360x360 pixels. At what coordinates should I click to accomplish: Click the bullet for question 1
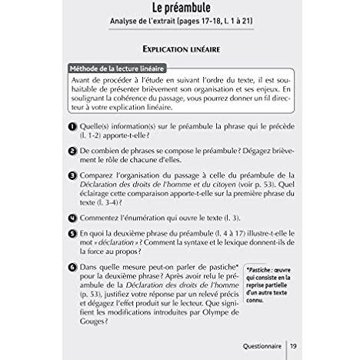[71, 128]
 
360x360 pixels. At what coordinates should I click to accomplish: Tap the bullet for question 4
[71, 218]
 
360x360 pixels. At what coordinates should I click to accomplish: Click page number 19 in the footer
[295, 346]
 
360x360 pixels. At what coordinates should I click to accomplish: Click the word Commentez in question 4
[105, 218]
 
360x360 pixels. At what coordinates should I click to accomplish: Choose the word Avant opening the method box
[83, 82]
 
